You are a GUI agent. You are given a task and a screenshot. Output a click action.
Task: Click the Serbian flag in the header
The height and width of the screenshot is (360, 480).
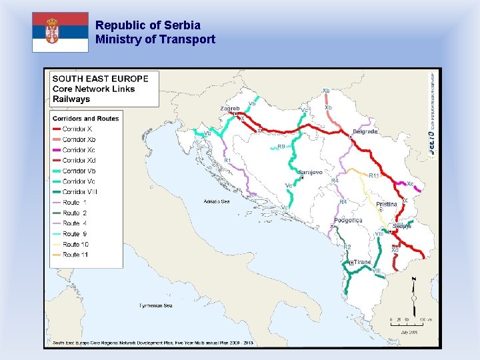pyautogui.click(x=60, y=32)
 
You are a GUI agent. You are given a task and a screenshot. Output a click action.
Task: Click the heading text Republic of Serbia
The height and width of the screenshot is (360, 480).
pyautogui.click(x=147, y=25)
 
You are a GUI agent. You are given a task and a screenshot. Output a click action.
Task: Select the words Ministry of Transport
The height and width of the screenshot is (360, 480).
pyautogui.click(x=155, y=39)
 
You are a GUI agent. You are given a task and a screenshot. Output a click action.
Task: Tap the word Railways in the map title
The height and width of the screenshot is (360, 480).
pyautogui.click(x=71, y=99)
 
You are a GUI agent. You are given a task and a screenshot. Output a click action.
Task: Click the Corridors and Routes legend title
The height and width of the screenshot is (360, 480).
pyautogui.click(x=85, y=119)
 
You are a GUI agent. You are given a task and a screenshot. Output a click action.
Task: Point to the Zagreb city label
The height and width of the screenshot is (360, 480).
pyautogui.click(x=229, y=108)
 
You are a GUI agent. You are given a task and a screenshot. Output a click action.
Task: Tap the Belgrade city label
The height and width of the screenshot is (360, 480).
pyautogui.click(x=365, y=132)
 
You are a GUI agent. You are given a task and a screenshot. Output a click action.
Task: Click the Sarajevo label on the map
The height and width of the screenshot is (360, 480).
pyautogui.click(x=310, y=172)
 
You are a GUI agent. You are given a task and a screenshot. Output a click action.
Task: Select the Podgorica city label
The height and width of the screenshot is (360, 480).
pyautogui.click(x=349, y=220)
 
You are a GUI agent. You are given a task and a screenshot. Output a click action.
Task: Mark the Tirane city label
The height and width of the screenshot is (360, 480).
pyautogui.click(x=362, y=262)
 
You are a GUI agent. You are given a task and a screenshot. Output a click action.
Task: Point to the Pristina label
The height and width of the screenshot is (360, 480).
pyautogui.click(x=387, y=205)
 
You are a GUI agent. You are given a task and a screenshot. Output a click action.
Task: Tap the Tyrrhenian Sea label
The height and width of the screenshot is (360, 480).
pyautogui.click(x=155, y=305)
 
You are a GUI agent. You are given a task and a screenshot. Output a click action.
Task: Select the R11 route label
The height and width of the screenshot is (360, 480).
pyautogui.click(x=374, y=175)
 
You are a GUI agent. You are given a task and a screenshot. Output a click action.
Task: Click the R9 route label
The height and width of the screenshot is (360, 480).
pyautogui.click(x=281, y=147)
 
